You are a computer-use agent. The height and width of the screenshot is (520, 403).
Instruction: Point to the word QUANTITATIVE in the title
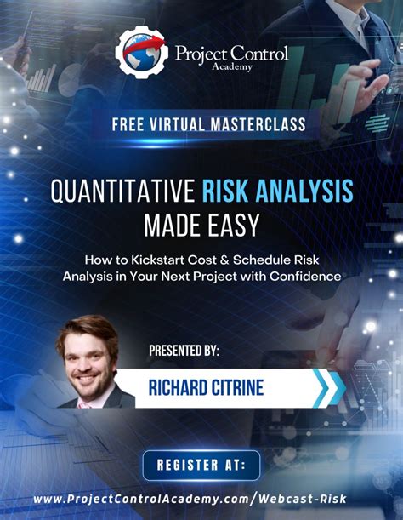(122, 191)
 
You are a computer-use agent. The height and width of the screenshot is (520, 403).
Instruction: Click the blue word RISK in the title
(225, 191)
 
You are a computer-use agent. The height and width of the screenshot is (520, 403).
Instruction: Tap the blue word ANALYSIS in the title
(302, 191)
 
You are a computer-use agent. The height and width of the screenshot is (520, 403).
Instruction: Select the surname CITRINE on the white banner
(235, 389)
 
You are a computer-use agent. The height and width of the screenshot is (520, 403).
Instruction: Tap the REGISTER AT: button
(201, 465)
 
